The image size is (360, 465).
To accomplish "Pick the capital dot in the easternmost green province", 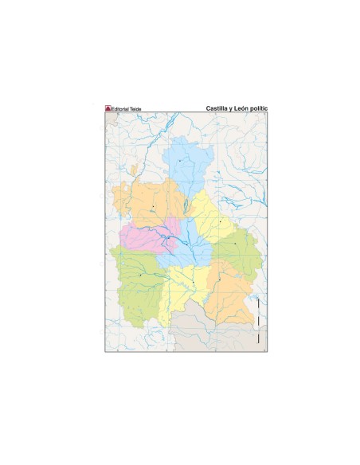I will (236, 243).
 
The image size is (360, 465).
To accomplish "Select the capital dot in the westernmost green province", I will (141, 275).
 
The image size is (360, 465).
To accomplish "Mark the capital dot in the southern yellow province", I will (193, 282).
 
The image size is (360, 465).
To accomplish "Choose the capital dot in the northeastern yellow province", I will (220, 222).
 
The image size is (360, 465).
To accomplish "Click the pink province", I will (137, 236).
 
